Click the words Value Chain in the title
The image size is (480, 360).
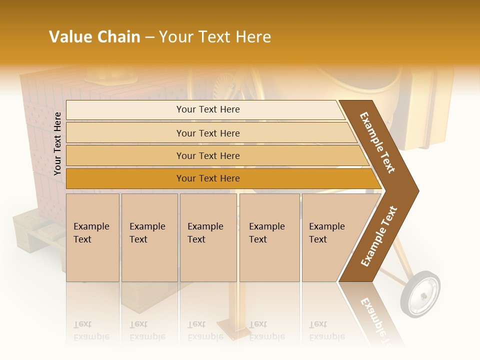click(94, 37)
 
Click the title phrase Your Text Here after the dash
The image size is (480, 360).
click(215, 37)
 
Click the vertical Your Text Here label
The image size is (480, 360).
click(57, 143)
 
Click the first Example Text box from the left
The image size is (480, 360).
click(92, 237)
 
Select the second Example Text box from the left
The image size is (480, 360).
click(149, 237)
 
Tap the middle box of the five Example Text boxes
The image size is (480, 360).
click(208, 237)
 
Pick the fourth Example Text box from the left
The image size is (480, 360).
click(269, 237)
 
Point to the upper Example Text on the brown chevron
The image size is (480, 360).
click(377, 142)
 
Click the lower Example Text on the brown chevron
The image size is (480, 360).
click(379, 236)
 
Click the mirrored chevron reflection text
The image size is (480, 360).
click(372, 315)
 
